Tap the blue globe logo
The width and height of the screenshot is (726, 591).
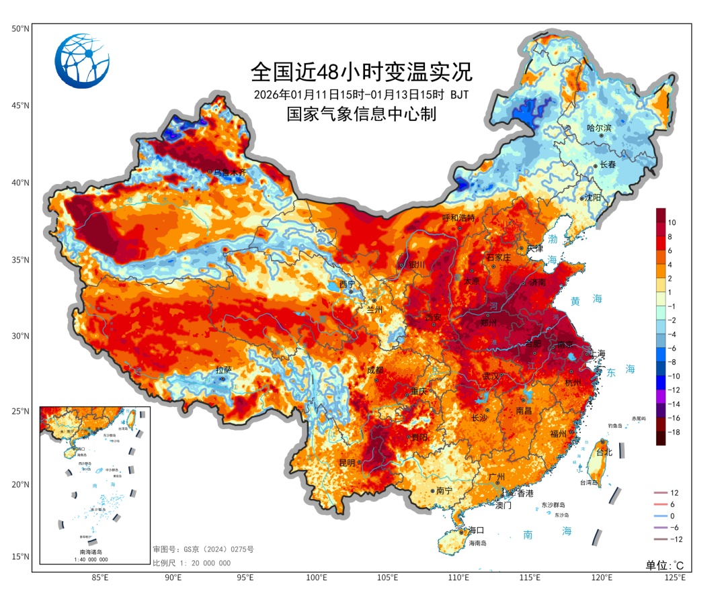pos(82,61)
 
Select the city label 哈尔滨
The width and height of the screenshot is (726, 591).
pos(599,128)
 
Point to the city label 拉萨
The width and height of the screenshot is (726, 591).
pos(223,370)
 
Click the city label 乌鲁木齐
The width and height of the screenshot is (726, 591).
pos(227,173)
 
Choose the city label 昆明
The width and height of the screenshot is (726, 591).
pos(347,463)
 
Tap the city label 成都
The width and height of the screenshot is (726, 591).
pos(375,370)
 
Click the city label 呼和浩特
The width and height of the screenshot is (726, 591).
pos(458,218)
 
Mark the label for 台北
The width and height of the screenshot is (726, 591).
pos(604,453)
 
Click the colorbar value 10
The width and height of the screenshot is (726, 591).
pos(672,222)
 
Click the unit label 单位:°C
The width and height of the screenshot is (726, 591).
pos(664,565)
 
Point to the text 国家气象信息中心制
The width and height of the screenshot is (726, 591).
pos(362,114)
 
